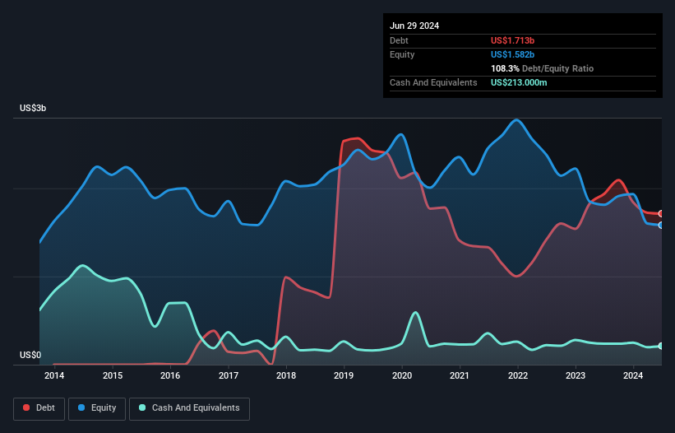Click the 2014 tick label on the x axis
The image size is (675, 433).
click(54, 376)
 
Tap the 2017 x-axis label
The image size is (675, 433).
click(229, 376)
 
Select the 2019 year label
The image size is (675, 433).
click(344, 376)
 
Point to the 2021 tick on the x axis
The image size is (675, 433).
click(460, 376)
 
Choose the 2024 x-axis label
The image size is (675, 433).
click(634, 376)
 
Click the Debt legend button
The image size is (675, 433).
click(39, 408)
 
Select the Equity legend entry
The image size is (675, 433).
click(98, 408)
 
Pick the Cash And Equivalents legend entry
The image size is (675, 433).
click(189, 408)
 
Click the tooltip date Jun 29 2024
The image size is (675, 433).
click(414, 26)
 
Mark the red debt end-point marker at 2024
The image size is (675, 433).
click(661, 214)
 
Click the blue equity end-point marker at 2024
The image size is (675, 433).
click(661, 225)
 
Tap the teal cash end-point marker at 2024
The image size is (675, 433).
click(661, 346)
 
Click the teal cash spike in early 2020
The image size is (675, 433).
click(415, 313)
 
